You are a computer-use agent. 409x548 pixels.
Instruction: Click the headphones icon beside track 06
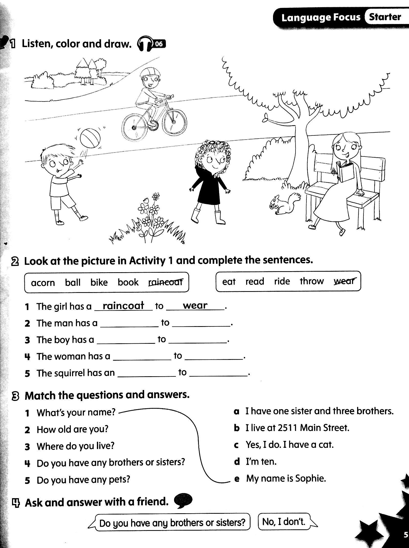coord(145,44)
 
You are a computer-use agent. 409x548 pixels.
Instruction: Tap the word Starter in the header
coord(385,17)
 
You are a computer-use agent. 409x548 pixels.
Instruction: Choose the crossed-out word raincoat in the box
coord(166,282)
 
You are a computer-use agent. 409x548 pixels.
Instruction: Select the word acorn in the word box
coord(43,283)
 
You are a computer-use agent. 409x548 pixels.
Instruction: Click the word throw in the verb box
coord(312,281)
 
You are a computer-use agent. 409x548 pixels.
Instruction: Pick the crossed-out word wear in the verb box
coord(344,281)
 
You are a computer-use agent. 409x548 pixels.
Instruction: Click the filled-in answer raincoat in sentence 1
coord(123,306)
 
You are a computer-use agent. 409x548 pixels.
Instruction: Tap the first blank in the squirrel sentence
coord(147,373)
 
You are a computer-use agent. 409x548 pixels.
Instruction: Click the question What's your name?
coord(76,412)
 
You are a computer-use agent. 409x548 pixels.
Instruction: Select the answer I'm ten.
coord(261,462)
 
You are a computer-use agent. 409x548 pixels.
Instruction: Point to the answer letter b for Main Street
coord(237,428)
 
